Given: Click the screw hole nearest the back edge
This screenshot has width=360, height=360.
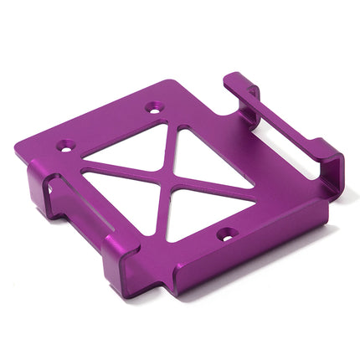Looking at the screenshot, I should [x=153, y=107].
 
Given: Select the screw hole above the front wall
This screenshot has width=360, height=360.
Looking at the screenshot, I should [x=225, y=237].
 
